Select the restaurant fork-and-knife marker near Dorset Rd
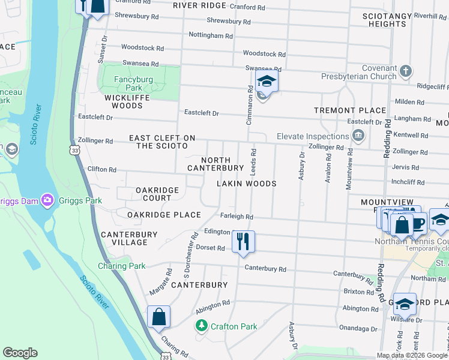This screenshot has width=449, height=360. click(x=243, y=242)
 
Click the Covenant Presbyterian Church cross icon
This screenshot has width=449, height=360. click(x=406, y=71)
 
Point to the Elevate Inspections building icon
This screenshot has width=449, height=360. click(x=359, y=136)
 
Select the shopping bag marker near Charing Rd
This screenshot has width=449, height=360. click(x=158, y=317)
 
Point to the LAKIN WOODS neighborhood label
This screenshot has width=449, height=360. click(x=246, y=184)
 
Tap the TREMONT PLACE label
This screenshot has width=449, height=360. click(x=350, y=110)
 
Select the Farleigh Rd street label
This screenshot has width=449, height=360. click(x=237, y=217)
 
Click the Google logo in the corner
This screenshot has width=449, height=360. click(x=20, y=353)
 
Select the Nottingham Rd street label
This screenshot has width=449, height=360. click(x=210, y=36)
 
